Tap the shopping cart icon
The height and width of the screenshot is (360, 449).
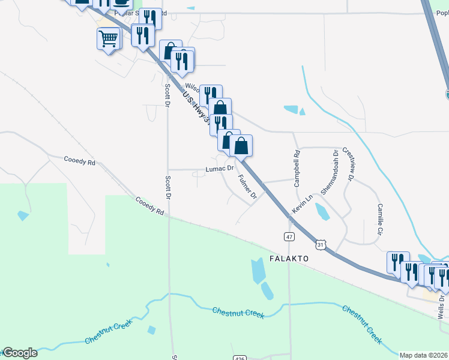(x=108, y=39)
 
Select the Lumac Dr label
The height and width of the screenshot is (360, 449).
(x=219, y=170)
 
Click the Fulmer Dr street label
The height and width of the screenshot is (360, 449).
(x=247, y=187)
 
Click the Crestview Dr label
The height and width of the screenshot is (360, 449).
(x=348, y=163)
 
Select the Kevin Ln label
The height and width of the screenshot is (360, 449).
(x=303, y=203)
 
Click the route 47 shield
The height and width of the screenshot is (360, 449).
(x=289, y=237)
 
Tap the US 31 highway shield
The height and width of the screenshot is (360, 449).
(x=321, y=245)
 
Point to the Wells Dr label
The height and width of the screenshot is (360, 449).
(x=441, y=305)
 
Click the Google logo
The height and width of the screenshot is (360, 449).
(x=19, y=353)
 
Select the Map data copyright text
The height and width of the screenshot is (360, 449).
(x=424, y=355)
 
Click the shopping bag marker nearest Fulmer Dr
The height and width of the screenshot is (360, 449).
(x=241, y=146)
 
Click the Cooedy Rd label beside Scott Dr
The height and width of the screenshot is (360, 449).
(x=149, y=206)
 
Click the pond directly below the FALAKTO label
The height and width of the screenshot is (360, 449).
(x=258, y=271)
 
